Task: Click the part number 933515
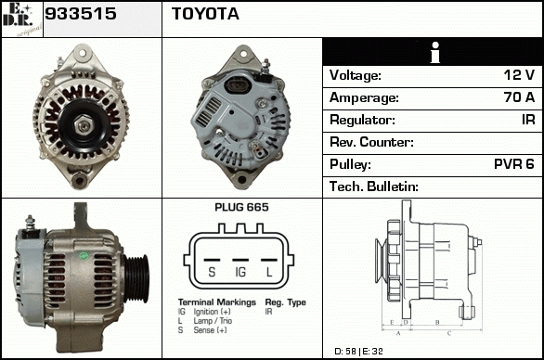click(x=81, y=14)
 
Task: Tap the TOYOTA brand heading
click(x=205, y=14)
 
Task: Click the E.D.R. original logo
click(x=21, y=19)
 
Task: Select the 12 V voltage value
click(x=519, y=75)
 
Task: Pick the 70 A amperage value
click(x=519, y=97)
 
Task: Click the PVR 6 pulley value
click(x=513, y=164)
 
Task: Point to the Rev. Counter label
click(x=371, y=142)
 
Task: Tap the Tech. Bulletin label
click(x=374, y=186)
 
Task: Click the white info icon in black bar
click(x=435, y=52)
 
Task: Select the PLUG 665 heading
click(x=241, y=207)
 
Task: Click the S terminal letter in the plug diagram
click(x=212, y=272)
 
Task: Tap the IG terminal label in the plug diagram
click(x=240, y=272)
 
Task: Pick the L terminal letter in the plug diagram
click(x=269, y=272)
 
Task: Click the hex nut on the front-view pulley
click(x=84, y=125)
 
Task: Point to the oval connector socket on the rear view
click(x=238, y=84)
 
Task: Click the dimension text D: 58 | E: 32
click(x=358, y=352)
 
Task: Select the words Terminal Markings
click(x=217, y=302)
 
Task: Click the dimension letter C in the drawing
click(x=449, y=333)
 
